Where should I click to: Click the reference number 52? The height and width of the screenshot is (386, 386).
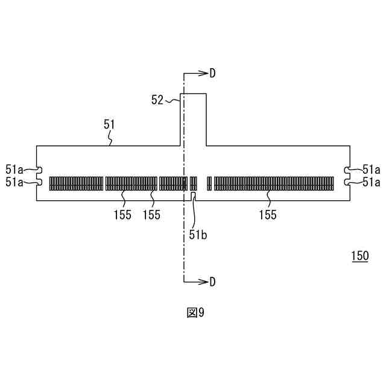[x=157, y=100]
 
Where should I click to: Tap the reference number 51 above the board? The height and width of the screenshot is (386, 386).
[x=109, y=125]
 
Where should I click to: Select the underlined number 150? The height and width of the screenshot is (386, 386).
[x=360, y=256]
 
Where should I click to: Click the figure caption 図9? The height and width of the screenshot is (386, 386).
[x=195, y=312]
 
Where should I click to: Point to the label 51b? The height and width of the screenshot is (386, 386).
[x=198, y=235]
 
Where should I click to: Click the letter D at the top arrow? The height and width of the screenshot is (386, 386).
[x=212, y=73]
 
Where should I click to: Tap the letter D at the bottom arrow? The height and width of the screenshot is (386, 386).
[x=212, y=282]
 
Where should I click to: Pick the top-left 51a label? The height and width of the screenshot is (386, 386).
[x=14, y=169]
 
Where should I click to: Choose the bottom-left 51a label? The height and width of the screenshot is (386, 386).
[x=14, y=182]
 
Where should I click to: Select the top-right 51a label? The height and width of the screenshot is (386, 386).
[x=372, y=169]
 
